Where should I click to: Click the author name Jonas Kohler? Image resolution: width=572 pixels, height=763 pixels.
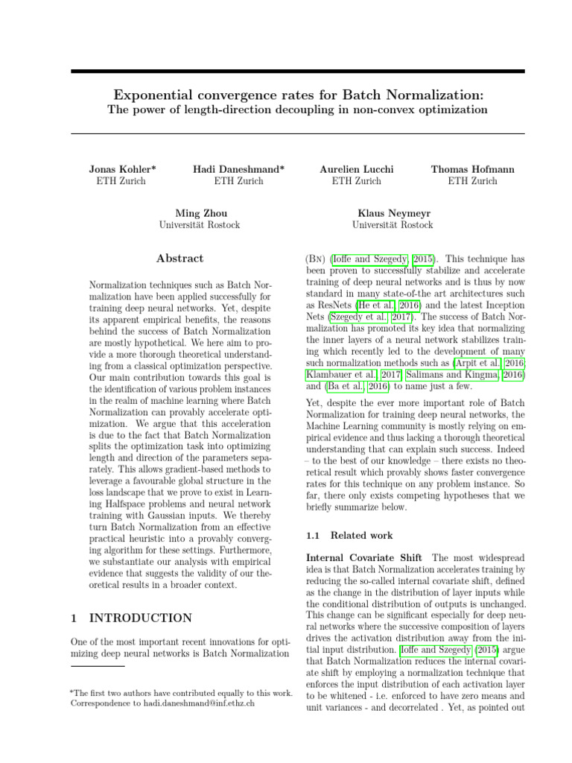click(x=122, y=169)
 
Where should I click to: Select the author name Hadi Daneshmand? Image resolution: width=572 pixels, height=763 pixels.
click(x=238, y=169)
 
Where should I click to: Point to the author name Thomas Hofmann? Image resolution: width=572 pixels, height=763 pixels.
click(x=472, y=169)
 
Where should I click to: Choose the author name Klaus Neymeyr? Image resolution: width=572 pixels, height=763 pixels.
click(x=393, y=213)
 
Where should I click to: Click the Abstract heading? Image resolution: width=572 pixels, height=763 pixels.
click(x=179, y=259)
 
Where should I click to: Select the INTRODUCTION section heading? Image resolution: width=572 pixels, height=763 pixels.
click(x=141, y=618)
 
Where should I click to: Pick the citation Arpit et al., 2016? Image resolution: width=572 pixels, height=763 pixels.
click(x=488, y=363)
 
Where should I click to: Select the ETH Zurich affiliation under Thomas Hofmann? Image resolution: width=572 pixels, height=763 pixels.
click(x=472, y=181)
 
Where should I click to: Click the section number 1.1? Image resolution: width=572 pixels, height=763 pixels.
click(x=314, y=535)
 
